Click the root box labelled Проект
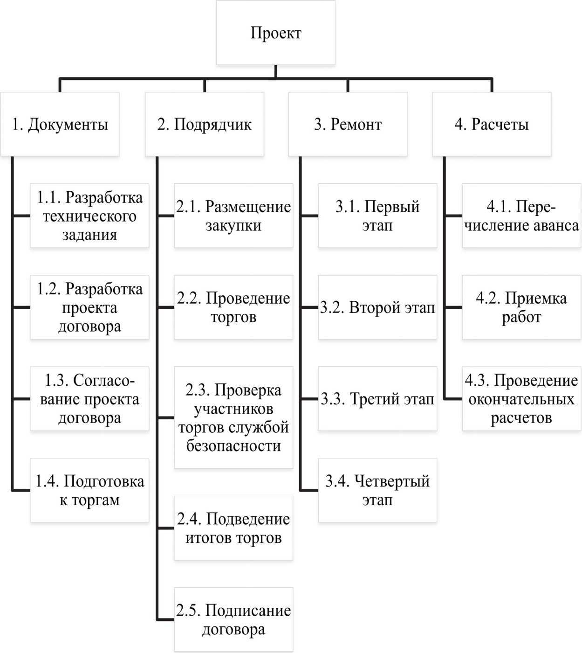pos(276,33)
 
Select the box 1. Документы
pos(60,124)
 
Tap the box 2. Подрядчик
pos(205,124)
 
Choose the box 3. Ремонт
pos(348,124)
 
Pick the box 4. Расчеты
pos(492,124)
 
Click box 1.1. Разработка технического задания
pos(89,215)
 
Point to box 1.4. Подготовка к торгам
pos(89,490)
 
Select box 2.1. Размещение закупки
pos(233,215)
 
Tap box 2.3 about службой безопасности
pos(233,417)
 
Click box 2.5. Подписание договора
pos(233,619)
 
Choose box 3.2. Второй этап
pos(377,307)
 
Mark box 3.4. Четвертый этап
pos(377,490)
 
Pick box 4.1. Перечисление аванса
pos(521,215)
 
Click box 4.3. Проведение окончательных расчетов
pos(521,399)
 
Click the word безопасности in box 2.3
pos(233,446)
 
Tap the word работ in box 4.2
pos(521,317)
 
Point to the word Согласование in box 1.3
pos(89,390)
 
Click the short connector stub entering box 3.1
pos(309,215)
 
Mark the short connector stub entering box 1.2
pos(21,307)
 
